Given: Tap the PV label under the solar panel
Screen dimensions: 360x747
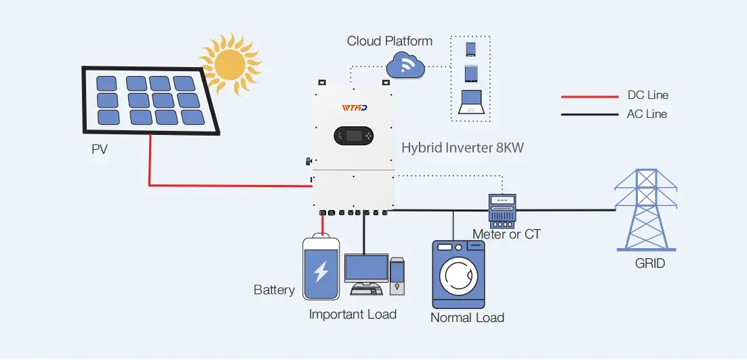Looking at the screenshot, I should (100, 149).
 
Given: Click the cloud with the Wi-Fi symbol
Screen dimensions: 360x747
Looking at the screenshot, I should (405, 66).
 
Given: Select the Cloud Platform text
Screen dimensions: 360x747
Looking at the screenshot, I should (390, 41).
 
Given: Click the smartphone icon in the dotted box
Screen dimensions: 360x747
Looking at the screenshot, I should (471, 49).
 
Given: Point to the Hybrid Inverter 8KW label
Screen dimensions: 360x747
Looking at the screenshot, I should (462, 147).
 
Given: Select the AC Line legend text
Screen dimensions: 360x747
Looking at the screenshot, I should (647, 114).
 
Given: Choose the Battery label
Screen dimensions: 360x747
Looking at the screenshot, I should (274, 290).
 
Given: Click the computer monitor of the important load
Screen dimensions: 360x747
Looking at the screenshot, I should (365, 269).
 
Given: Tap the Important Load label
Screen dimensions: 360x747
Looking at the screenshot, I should (352, 315).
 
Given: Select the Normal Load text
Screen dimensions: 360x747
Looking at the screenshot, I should (467, 317).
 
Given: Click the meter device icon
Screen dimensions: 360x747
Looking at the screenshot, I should (502, 209).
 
